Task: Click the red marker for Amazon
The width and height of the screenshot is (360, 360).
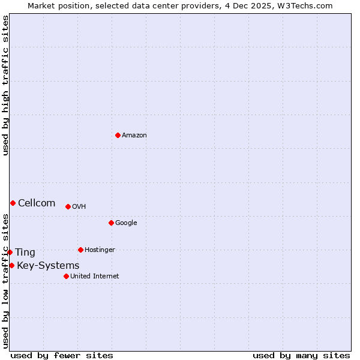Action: pyautogui.click(x=118, y=135)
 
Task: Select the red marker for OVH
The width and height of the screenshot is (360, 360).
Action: pyautogui.click(x=68, y=206)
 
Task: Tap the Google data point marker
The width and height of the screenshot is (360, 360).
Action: pyautogui.click(x=111, y=223)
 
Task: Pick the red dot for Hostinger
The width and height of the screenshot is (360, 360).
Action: pyautogui.click(x=80, y=250)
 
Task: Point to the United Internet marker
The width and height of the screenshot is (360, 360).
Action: pyautogui.click(x=66, y=276)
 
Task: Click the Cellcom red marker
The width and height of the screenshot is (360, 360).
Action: pyautogui.click(x=13, y=203)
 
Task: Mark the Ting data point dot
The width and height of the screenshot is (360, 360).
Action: pyautogui.click(x=10, y=252)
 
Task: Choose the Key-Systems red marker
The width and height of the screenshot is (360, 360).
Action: pyautogui.click(x=11, y=265)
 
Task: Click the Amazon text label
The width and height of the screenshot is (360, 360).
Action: pyautogui.click(x=134, y=136)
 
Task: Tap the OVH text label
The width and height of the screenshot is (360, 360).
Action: pyautogui.click(x=79, y=207)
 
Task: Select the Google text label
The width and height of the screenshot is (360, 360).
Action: pyautogui.click(x=126, y=223)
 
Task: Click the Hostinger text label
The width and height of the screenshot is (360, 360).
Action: pyautogui.click(x=100, y=250)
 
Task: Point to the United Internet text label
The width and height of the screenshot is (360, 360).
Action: pyautogui.click(x=95, y=277)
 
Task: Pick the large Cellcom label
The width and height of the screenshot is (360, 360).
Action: pyautogui.click(x=37, y=203)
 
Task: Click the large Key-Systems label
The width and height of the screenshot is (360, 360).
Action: pyautogui.click(x=48, y=266)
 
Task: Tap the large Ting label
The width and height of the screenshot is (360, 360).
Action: pyautogui.click(x=25, y=253)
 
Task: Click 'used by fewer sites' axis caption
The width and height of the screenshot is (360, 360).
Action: pyautogui.click(x=62, y=355)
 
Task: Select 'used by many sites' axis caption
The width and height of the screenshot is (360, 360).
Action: pyautogui.click(x=301, y=355)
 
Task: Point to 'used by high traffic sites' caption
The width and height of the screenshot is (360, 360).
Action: pyautogui.click(x=5, y=85)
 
